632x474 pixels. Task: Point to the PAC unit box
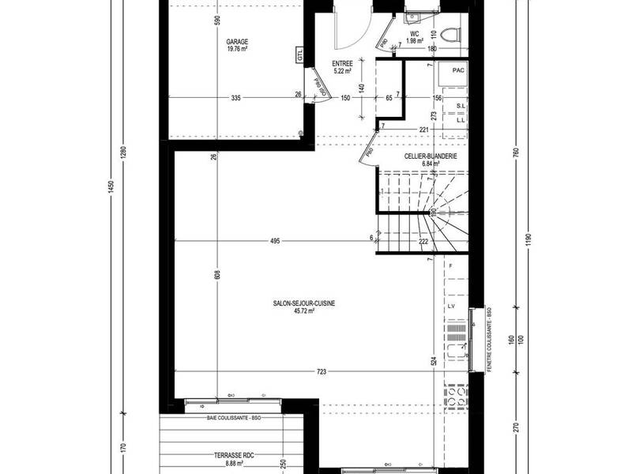457,71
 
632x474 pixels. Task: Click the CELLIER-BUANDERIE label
431,156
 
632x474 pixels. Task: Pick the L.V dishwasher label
452,305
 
